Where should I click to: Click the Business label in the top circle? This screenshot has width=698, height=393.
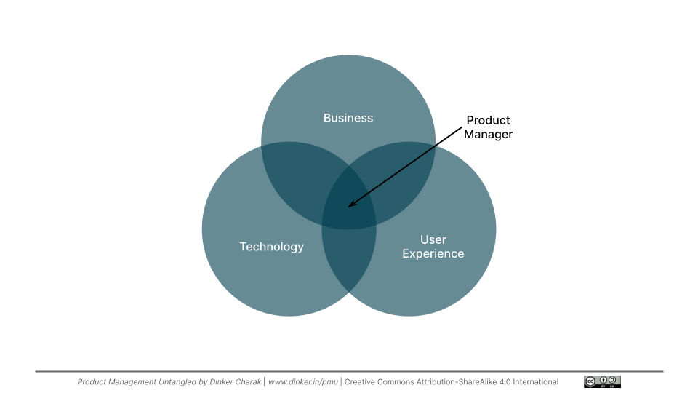[x=348, y=118]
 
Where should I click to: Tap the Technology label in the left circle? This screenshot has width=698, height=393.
[x=272, y=247]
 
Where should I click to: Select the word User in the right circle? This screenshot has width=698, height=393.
[x=433, y=239]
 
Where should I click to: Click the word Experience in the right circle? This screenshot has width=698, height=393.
[x=433, y=254]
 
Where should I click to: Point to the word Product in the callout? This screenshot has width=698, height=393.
[x=488, y=120]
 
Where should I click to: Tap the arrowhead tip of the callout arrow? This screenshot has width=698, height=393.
[x=348, y=207]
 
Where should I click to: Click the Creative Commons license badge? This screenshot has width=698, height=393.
[x=601, y=381]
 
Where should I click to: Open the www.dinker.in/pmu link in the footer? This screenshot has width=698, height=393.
[x=302, y=382]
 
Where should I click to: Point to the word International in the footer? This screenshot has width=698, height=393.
[x=534, y=382]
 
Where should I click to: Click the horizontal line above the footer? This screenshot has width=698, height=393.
[x=349, y=372]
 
